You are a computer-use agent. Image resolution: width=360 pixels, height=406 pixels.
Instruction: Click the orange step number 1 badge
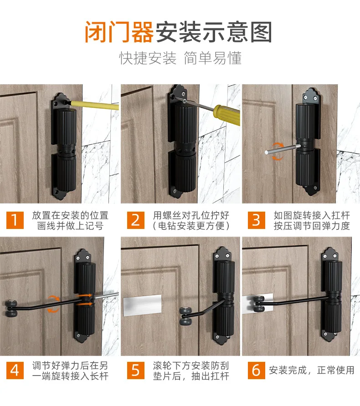click(15, 220)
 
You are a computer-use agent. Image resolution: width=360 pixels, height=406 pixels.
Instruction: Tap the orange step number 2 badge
click(135, 220)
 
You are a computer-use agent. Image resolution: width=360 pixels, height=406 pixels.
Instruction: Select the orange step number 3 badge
click(256, 220)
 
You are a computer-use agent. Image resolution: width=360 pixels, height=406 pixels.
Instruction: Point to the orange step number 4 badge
click(15, 370)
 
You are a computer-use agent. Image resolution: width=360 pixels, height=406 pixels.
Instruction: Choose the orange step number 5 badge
click(135, 370)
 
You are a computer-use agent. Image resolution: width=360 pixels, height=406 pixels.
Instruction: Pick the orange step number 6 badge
click(256, 370)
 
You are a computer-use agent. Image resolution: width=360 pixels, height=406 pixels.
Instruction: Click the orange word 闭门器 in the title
click(119, 32)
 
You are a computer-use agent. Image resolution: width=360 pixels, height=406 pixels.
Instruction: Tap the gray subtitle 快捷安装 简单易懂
click(180, 58)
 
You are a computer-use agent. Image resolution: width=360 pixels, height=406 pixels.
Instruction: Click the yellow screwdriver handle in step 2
click(227, 115)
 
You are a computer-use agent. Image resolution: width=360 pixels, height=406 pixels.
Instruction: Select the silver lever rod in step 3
click(283, 149)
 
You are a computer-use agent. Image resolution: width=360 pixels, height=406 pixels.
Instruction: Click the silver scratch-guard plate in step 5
click(142, 305)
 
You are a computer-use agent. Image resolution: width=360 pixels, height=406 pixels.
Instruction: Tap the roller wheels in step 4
click(11, 309)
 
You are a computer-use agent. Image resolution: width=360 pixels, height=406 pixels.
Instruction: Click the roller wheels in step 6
click(259, 304)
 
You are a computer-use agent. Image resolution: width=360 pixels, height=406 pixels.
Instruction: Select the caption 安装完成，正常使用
click(312, 370)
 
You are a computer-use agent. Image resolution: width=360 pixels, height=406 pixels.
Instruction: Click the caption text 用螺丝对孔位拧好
click(191, 215)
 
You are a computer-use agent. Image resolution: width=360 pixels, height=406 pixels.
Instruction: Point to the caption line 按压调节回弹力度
click(312, 226)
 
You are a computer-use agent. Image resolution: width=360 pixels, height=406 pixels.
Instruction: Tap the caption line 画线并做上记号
click(70, 226)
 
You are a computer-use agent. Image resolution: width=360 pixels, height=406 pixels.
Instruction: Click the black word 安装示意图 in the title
click(214, 32)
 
